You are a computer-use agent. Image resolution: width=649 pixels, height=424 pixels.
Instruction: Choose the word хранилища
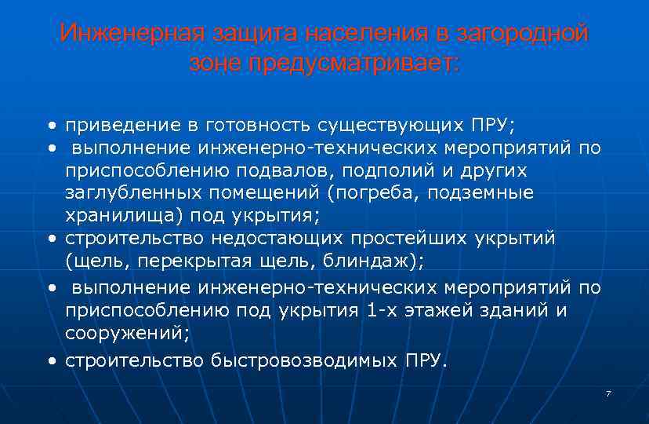[114, 215]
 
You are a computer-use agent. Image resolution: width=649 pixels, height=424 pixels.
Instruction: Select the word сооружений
[126, 332]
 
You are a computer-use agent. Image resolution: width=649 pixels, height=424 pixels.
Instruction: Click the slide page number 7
[607, 393]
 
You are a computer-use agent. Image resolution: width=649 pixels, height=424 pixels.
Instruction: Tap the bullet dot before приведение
[51, 126]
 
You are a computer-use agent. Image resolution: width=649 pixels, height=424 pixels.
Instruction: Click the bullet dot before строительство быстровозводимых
[51, 361]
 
